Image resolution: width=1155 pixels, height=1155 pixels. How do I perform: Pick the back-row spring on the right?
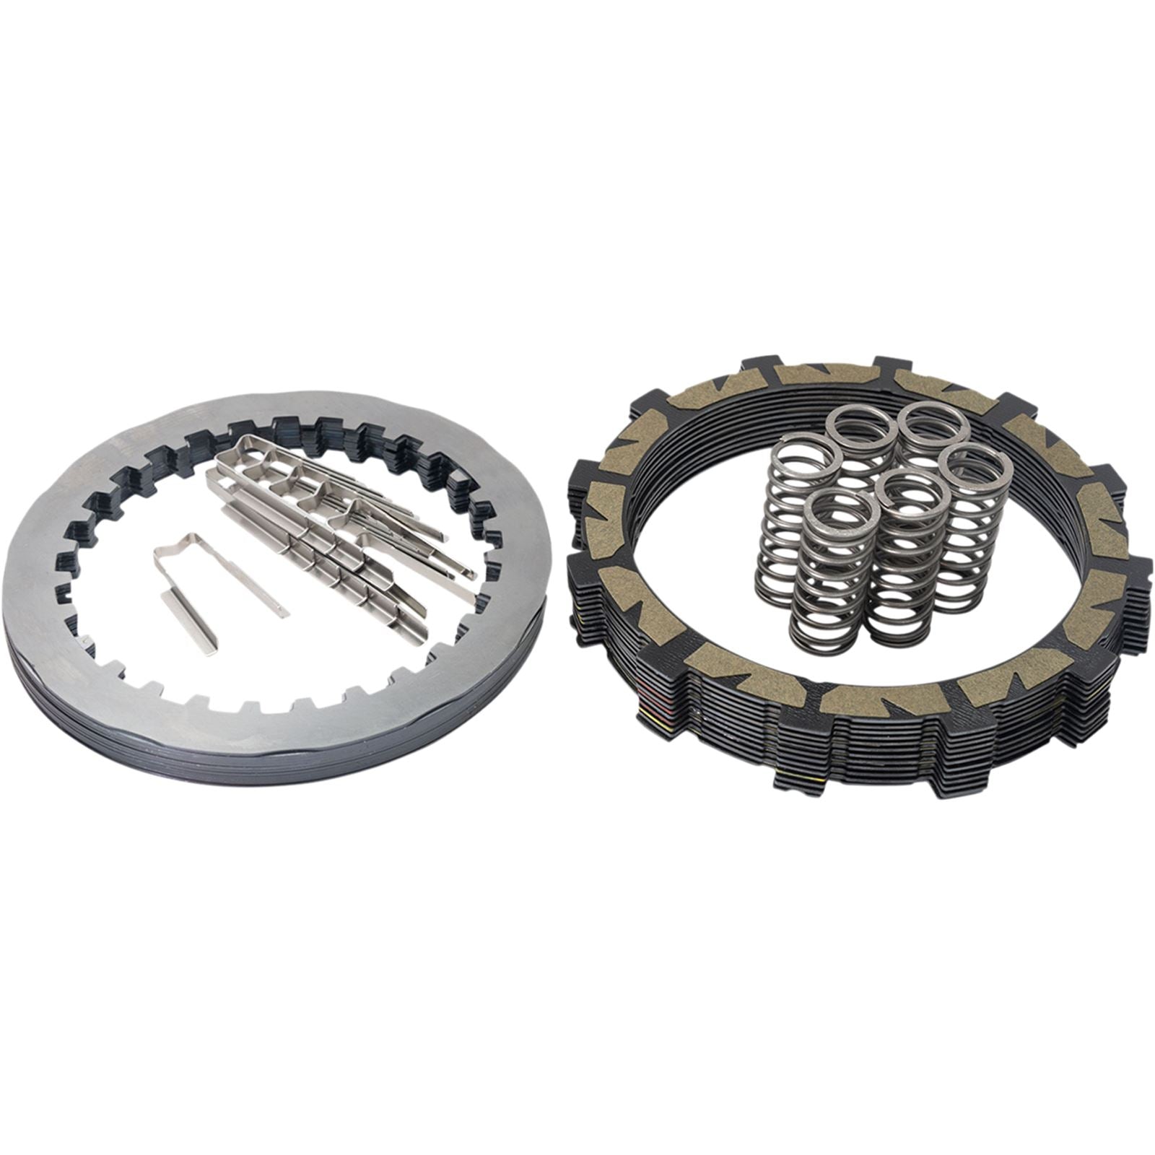933,421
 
